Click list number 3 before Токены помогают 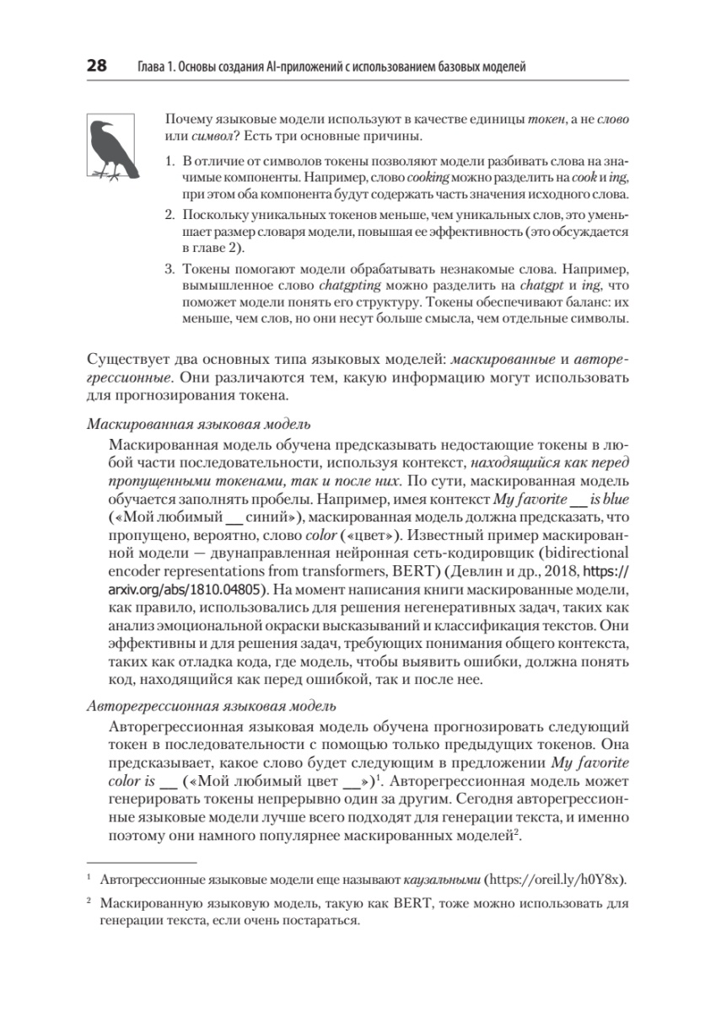[x=169, y=270]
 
